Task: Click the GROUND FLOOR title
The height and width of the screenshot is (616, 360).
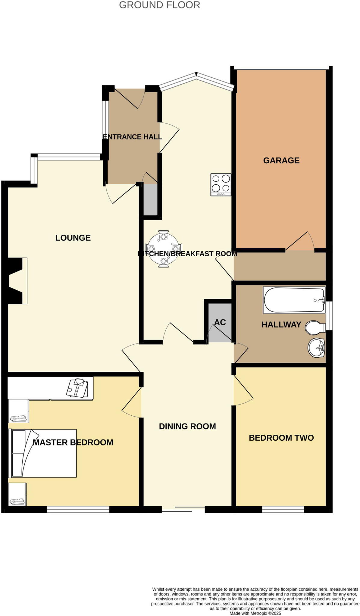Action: (x=159, y=5)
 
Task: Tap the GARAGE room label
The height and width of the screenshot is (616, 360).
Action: (x=281, y=160)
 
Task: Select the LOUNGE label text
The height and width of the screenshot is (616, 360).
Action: (x=73, y=238)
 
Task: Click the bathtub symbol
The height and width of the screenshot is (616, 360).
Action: (x=294, y=300)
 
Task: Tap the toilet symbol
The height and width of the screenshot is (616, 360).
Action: (x=315, y=327)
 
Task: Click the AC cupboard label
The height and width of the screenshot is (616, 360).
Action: (x=220, y=322)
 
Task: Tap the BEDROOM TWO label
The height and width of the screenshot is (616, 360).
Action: (x=281, y=438)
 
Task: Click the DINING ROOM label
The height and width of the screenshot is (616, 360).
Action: (x=187, y=426)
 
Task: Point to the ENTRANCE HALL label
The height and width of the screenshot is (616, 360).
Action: (x=132, y=137)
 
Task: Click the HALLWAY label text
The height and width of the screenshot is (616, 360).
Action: (x=281, y=325)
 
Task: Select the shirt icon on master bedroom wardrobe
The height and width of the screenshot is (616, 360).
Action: (x=77, y=388)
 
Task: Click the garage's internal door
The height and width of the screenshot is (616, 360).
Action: (x=300, y=242)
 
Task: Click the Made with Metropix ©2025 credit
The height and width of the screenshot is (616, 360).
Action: (x=255, y=613)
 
